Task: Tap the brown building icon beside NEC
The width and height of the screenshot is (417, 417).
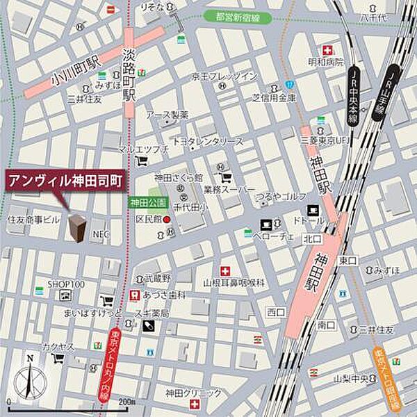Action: click(x=77, y=228)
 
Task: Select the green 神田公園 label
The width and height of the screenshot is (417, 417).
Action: click(x=147, y=202)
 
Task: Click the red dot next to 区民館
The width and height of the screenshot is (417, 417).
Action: click(x=166, y=220)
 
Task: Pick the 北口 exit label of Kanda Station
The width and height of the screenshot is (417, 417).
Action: click(x=311, y=239)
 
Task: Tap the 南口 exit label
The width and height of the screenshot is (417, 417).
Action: click(x=327, y=325)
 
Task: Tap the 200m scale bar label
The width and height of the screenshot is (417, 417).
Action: click(x=126, y=402)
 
